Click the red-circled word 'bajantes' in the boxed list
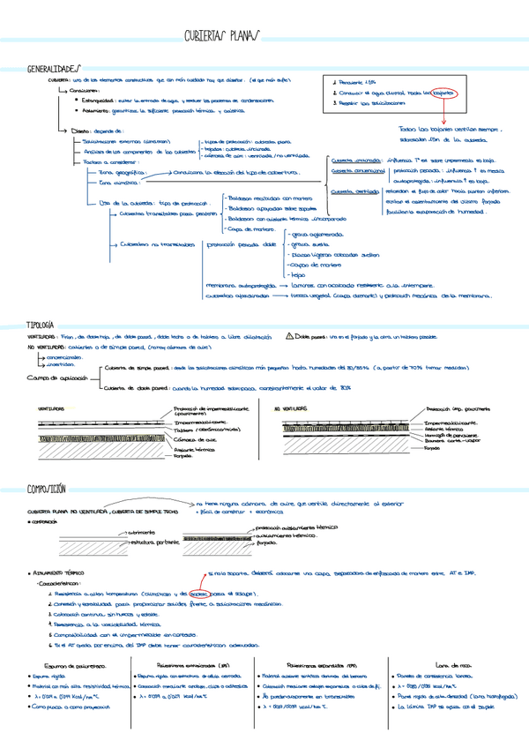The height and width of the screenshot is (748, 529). (x=437, y=92)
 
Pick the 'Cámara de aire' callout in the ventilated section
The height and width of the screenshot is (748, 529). (x=194, y=438)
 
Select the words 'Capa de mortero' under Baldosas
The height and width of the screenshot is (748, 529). (x=250, y=229)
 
